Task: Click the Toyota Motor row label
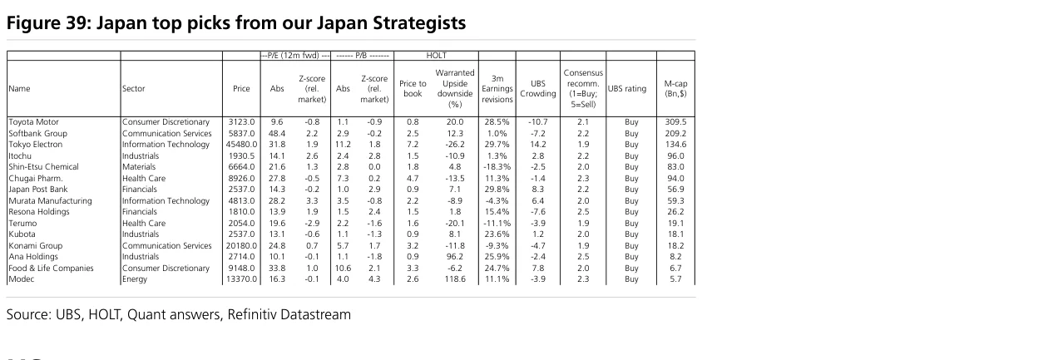coord(34,122)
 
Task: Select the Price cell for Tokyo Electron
coord(241,144)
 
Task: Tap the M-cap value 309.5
coord(675,122)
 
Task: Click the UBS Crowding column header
coord(537,89)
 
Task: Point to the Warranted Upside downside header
coord(455,89)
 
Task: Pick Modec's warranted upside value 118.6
coord(455,279)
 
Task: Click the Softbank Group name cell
coord(38,133)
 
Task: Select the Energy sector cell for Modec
coord(135,279)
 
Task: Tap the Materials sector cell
coord(139,167)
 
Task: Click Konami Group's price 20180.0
coord(241,246)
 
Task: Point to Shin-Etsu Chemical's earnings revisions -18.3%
coord(497,167)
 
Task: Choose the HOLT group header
coord(436,56)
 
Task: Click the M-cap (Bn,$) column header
coord(675,89)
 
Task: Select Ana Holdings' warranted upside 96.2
coord(455,257)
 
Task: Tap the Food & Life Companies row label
coord(52,268)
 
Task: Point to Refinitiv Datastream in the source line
coord(289,314)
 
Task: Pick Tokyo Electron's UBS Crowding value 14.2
coord(537,144)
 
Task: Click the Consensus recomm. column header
coord(583,89)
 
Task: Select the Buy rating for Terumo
coord(631,223)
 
